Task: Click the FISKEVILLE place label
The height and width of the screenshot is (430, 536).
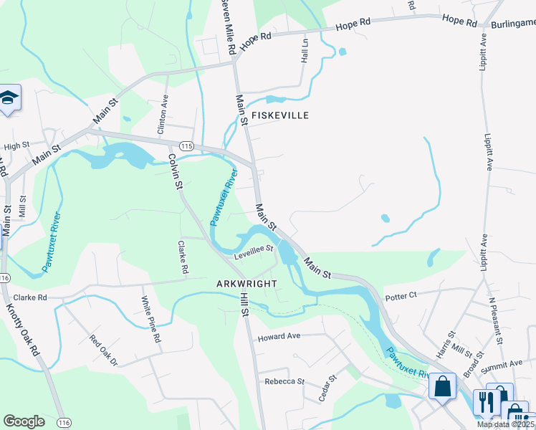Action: click(x=279, y=115)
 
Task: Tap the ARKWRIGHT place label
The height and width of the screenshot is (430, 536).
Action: click(x=247, y=284)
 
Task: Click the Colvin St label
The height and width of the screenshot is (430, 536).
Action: click(x=174, y=171)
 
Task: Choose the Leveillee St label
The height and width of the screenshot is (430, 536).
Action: click(x=254, y=251)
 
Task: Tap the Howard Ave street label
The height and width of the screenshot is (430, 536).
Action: click(x=279, y=337)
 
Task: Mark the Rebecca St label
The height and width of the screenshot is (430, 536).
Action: click(x=284, y=381)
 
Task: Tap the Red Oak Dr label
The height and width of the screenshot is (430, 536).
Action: click(x=103, y=350)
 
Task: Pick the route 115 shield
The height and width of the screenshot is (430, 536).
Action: click(x=186, y=145)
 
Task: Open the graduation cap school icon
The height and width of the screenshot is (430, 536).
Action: click(x=9, y=99)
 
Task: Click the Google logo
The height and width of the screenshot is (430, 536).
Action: click(x=24, y=421)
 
